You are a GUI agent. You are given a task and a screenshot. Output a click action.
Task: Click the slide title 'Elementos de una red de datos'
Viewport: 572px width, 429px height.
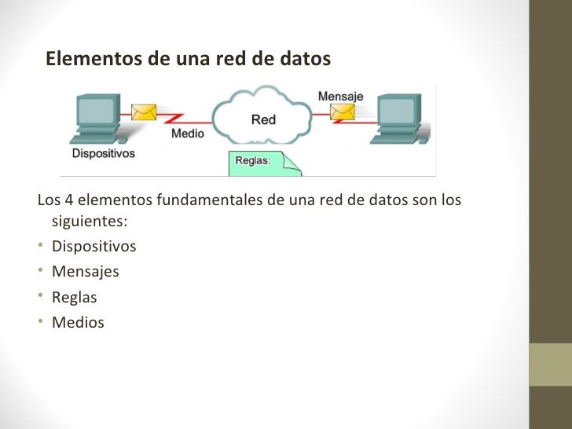coord(188,60)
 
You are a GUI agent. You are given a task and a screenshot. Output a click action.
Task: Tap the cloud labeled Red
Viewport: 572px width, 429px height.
coord(262,118)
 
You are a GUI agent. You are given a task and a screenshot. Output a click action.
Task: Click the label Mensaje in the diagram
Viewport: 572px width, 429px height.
coord(340,96)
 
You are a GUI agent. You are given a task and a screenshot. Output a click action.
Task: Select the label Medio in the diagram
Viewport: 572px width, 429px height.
coord(188,134)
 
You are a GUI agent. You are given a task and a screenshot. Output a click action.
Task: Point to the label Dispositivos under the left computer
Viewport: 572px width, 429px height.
coord(103,154)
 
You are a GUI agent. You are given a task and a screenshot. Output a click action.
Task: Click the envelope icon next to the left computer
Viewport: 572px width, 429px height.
coord(143,112)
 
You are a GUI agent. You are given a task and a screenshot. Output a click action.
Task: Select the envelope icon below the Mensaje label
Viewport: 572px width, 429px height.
coord(343,112)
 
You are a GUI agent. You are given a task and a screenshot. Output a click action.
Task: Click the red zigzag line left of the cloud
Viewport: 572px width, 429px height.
coord(173,118)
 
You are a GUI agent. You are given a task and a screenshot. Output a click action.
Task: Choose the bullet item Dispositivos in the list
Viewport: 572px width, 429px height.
coord(93,247)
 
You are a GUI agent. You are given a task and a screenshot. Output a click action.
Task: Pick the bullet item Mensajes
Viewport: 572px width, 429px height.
coord(85,272)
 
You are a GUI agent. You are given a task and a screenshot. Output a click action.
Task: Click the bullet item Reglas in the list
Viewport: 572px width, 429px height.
coord(74,297)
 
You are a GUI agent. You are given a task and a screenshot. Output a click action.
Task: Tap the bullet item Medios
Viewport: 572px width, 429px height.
coord(77,322)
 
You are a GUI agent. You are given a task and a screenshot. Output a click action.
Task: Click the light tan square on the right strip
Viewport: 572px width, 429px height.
coord(550,365)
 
